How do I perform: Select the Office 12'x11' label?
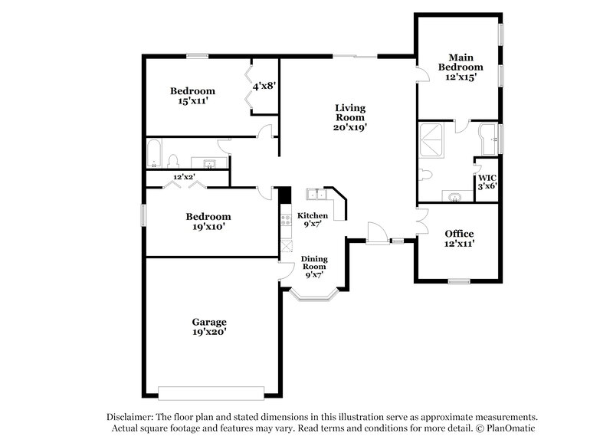(459, 238)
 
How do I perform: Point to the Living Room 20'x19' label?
(349, 118)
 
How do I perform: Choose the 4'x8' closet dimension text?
(264, 86)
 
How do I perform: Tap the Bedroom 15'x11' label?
(192, 95)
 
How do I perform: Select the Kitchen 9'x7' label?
(313, 221)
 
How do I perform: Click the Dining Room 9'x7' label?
(314, 267)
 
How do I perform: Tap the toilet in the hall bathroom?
(173, 161)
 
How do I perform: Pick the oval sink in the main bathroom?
(455, 197)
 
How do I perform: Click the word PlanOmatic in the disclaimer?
(514, 428)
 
